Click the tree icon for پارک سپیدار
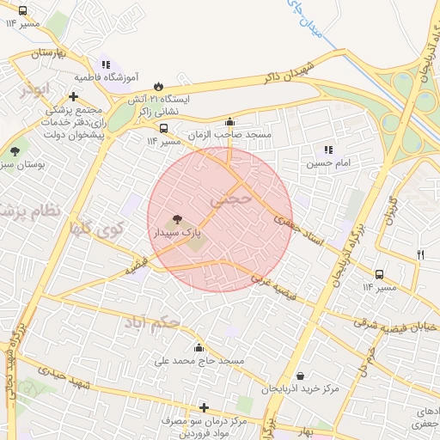coord(177,220)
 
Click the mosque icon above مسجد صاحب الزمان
coord(229,122)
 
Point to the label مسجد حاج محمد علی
coord(199,361)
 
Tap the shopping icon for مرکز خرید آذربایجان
coord(299,376)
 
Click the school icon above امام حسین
coord(327,150)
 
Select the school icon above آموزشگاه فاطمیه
coord(106,64)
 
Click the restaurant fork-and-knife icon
coord(420,254)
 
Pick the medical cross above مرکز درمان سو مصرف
coord(204,407)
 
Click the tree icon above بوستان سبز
coord(15,151)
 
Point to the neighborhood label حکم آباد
coord(152,323)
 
